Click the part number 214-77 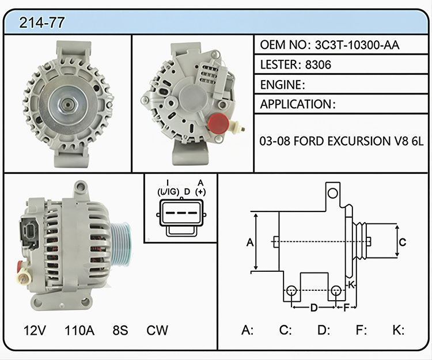pos(42,22)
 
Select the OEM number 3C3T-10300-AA pos(357,45)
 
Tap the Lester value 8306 pos(318,65)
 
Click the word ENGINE pos(281,85)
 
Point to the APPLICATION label pos(295,104)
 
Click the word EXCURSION pos(357,141)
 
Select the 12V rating pos(35,330)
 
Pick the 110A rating pos(79,330)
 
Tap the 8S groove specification pos(120,330)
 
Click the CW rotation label pos(157,330)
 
